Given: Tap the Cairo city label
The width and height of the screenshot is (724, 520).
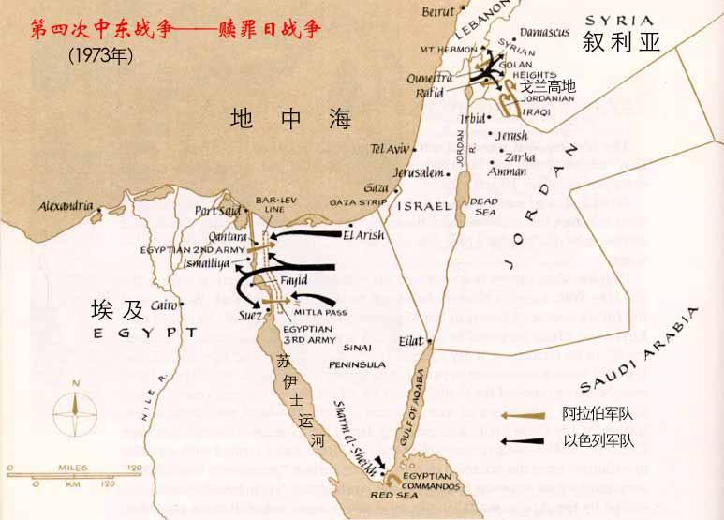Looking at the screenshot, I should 164,305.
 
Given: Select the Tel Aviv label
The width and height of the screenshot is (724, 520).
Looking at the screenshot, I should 391,149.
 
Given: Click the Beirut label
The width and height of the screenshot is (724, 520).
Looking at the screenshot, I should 438,13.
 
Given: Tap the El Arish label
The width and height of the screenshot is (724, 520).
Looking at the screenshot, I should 363,235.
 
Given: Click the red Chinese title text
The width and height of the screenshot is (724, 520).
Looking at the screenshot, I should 176,30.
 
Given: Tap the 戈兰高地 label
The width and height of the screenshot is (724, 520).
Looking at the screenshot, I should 548,86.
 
